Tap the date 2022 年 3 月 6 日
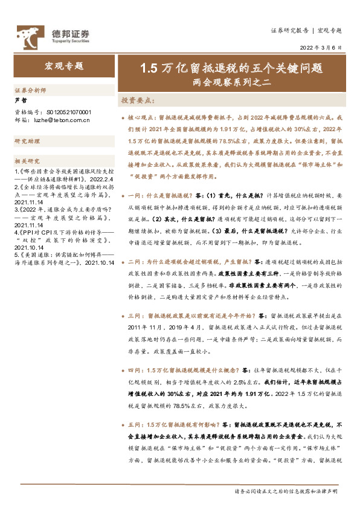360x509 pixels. pos(320,47)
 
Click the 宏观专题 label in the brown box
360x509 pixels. pos(65,66)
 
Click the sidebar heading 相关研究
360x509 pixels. pos(27,161)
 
